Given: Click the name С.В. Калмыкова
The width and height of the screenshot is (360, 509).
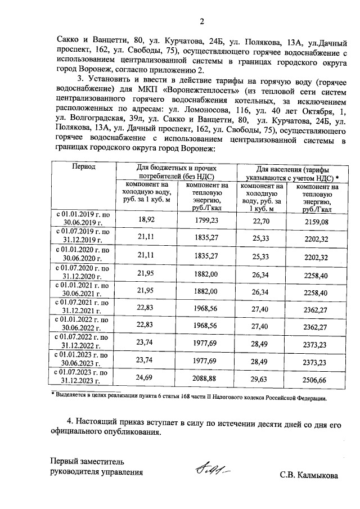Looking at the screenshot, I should pyautogui.click(x=309, y=476).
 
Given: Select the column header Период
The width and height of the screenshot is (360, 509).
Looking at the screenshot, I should pyautogui.click(x=83, y=167).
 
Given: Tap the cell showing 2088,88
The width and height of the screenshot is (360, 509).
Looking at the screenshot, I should pyautogui.click(x=206, y=380).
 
